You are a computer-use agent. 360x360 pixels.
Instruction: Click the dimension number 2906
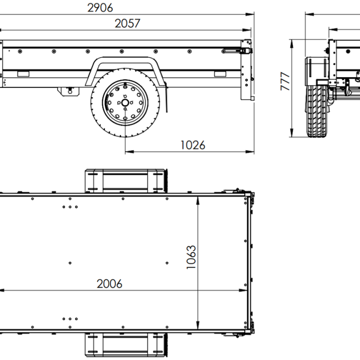pos(100,8)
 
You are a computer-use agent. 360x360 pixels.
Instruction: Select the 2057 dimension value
pos(128,24)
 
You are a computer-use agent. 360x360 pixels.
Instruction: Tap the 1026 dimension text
pos(193,145)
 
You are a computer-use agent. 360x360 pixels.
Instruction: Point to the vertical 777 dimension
pos(285,81)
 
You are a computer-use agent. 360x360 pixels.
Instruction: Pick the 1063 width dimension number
pos(191,257)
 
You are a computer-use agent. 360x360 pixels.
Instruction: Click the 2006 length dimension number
pos(109,284)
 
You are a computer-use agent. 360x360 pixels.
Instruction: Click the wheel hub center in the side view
pos(125,103)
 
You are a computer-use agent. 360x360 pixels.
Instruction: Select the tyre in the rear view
pos(317,112)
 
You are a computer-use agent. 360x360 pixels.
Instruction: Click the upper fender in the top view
pos(126,181)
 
